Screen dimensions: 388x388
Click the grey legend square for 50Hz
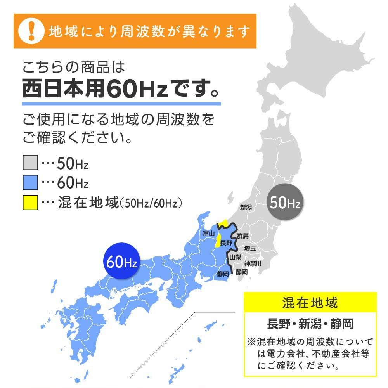[x=30, y=163]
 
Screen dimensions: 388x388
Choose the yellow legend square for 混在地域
[x=30, y=202]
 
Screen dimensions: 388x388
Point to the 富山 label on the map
[x=208, y=233]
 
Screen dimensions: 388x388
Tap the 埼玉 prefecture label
[x=250, y=248]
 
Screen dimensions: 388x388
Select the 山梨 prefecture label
[x=235, y=257]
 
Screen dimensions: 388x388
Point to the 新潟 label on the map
[x=246, y=208]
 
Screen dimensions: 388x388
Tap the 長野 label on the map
[x=226, y=243]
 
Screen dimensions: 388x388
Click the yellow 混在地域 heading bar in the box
[x=310, y=302]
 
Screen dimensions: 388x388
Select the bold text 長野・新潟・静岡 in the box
[x=310, y=323]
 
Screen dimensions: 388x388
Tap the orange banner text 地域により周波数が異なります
[x=149, y=31]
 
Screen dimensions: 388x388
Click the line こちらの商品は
[x=74, y=68]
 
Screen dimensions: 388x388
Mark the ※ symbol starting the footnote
[x=251, y=342]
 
